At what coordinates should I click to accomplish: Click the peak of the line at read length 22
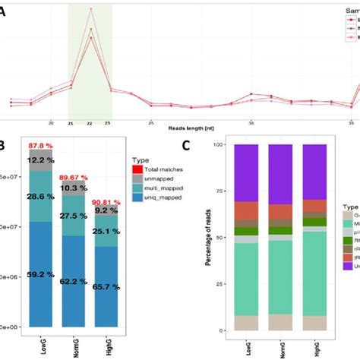coord(90,9)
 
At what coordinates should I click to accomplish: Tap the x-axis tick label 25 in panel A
coord(151,122)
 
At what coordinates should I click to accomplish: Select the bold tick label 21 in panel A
coord(71,122)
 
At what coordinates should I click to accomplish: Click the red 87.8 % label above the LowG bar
coord(40,146)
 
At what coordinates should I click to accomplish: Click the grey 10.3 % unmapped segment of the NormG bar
coord(74,188)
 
